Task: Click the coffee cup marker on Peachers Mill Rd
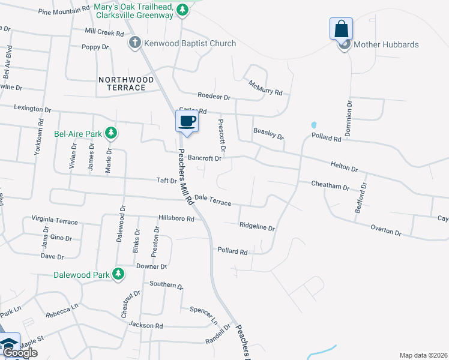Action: coord(187,121)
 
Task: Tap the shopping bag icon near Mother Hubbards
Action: coord(341,29)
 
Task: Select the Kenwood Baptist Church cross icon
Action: coord(135,43)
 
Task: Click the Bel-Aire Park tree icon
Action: coord(110,133)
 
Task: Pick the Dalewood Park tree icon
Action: coord(119,275)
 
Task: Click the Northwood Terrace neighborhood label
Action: coord(122,83)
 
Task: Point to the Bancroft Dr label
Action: coord(205,158)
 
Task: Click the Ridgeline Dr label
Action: coord(257,227)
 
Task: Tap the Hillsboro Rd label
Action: coord(176,219)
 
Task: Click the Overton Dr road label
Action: coord(386,230)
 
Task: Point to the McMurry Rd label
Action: coord(265,89)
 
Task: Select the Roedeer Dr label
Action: coord(214,96)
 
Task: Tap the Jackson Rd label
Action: coord(146,325)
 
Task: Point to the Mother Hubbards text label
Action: coord(386,44)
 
